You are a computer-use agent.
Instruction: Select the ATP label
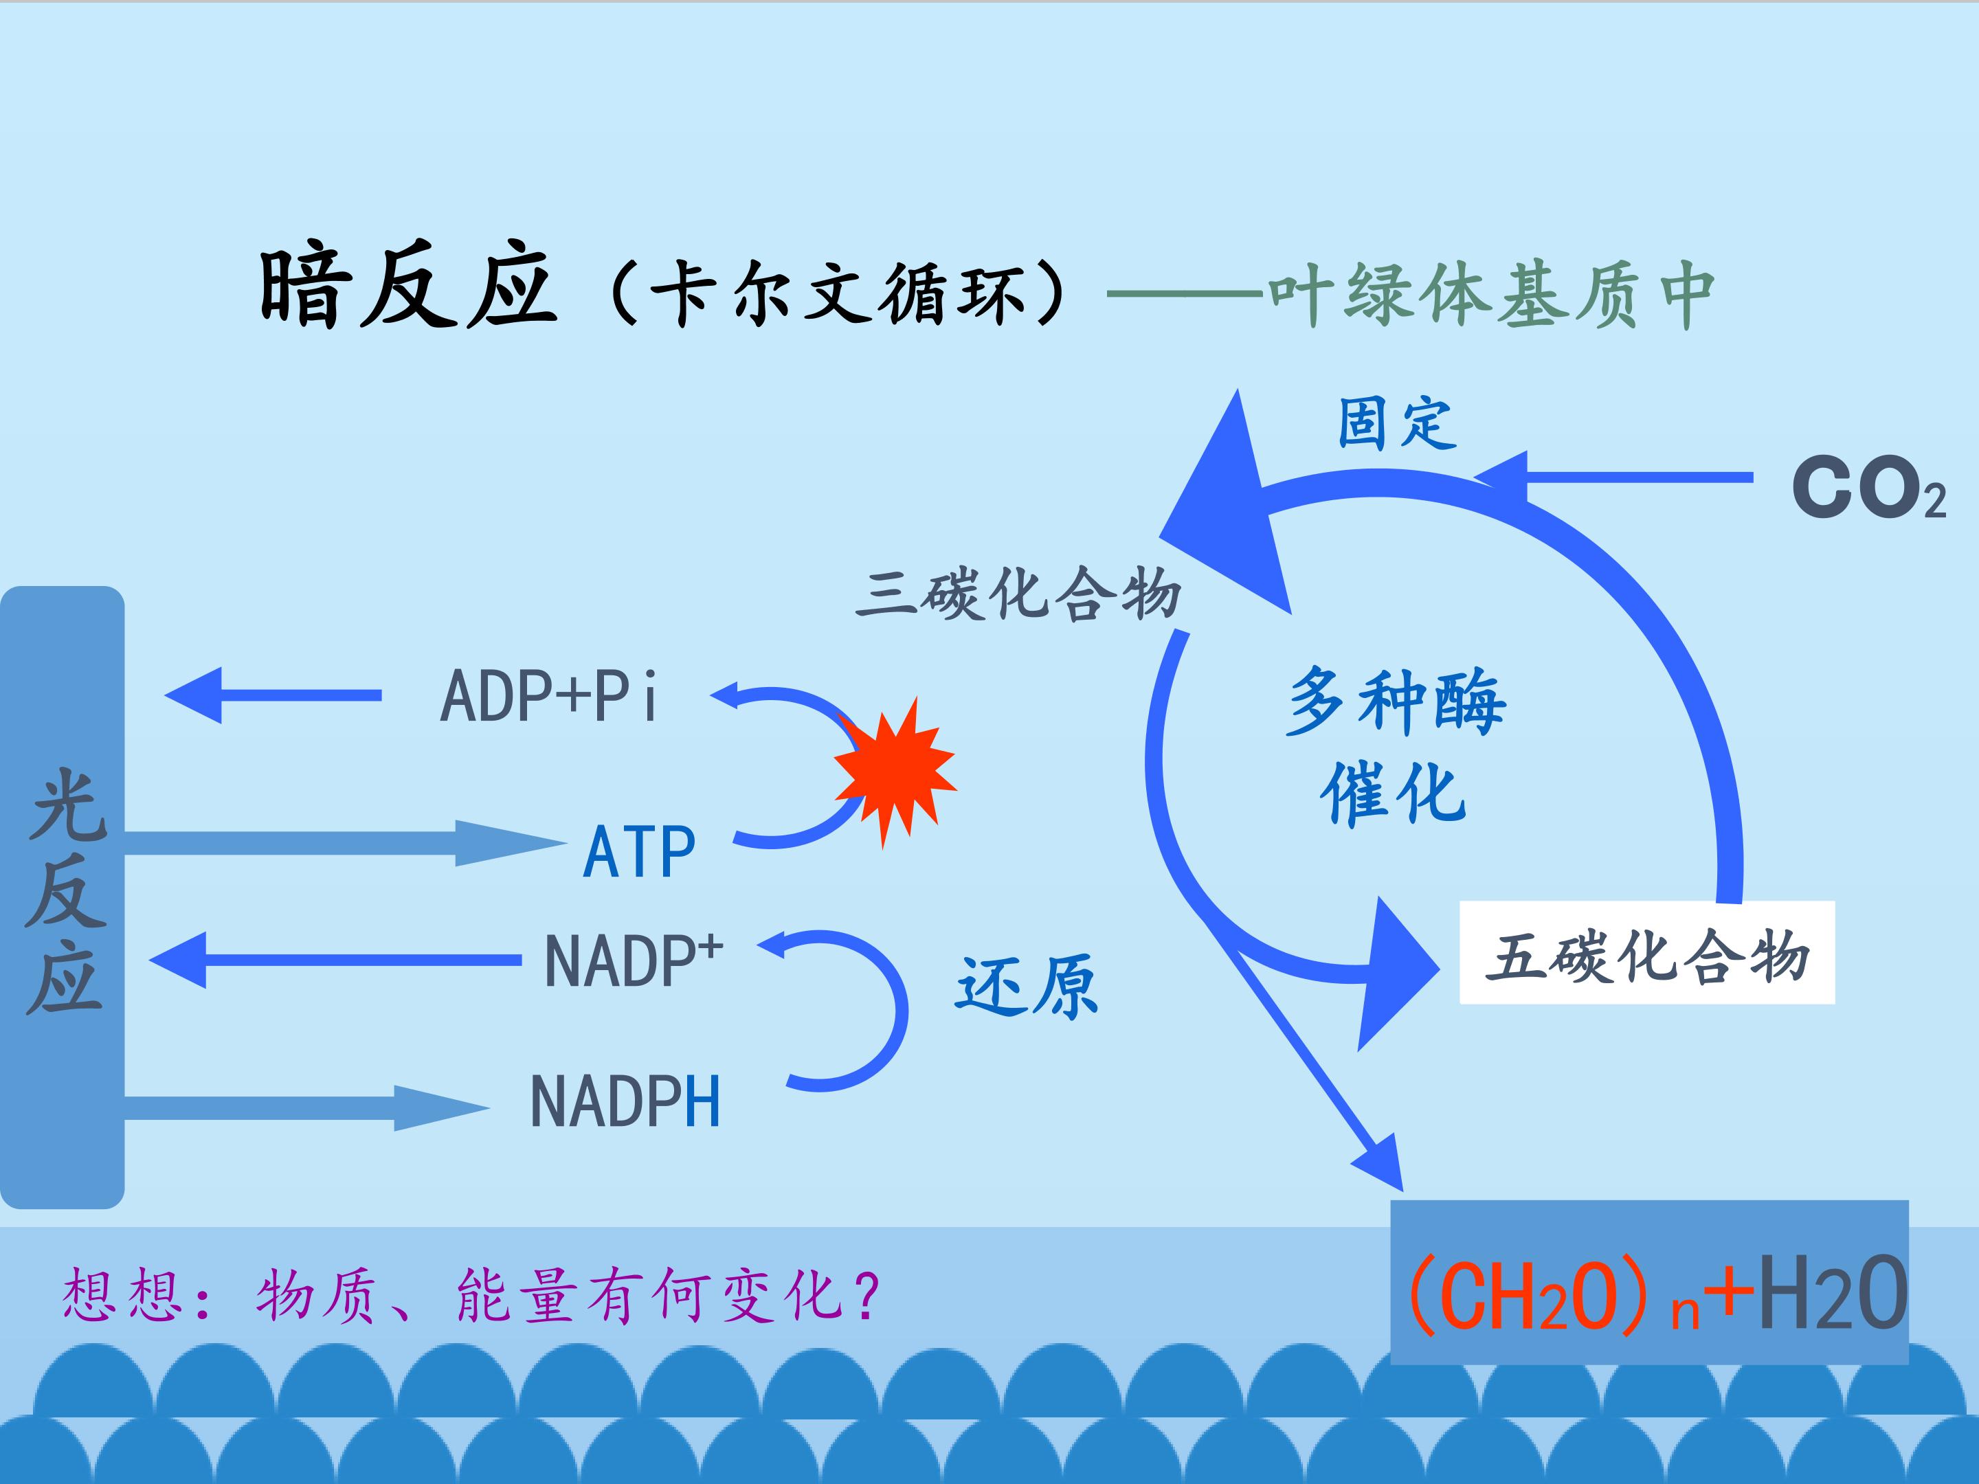(x=639, y=853)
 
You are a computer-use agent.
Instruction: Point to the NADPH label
(x=625, y=1102)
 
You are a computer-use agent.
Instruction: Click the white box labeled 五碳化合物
(x=1646, y=954)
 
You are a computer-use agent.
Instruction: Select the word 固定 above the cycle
(x=1396, y=423)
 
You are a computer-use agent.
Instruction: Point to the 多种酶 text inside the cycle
(x=1396, y=702)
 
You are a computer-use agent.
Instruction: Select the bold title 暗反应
(x=407, y=288)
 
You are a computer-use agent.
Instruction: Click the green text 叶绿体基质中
(x=1490, y=295)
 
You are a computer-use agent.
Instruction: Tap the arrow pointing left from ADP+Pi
(x=273, y=695)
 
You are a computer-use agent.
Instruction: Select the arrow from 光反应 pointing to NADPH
(x=304, y=1108)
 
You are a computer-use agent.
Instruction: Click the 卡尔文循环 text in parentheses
(x=836, y=293)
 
